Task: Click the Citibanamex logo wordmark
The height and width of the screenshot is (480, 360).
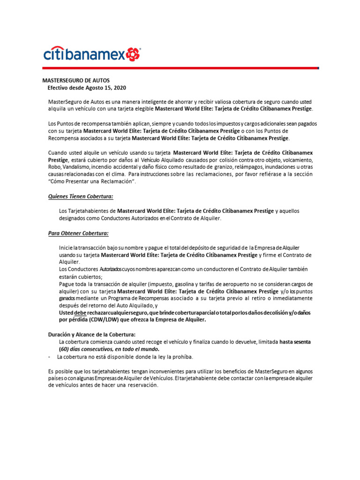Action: (x=85, y=54)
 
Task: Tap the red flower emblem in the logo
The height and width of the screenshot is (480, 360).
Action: (x=133, y=54)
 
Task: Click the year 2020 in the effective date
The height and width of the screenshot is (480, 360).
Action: (x=119, y=88)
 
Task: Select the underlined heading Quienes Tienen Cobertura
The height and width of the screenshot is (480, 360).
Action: (x=81, y=196)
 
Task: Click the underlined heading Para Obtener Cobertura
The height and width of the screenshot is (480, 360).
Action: (x=78, y=233)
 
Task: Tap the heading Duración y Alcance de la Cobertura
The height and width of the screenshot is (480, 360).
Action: (x=92, y=334)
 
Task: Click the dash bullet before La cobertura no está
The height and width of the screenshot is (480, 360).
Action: (x=50, y=357)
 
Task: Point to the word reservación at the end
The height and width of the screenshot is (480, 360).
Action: (x=141, y=385)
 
